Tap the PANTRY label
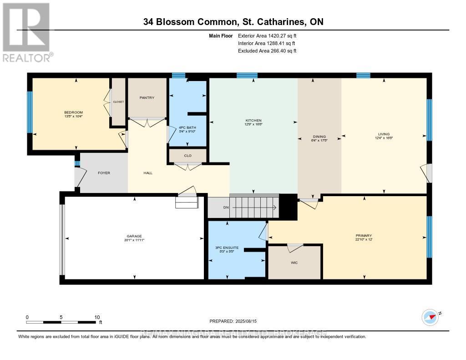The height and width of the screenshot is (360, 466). point(147,97)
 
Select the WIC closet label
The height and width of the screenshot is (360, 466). point(294,263)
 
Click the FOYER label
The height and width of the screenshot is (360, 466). point(104,173)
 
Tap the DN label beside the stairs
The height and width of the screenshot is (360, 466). point(225,208)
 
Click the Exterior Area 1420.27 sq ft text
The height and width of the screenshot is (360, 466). point(267,35)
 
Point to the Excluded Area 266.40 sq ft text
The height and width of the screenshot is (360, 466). point(267,51)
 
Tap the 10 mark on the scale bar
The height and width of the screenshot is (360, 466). point(96,317)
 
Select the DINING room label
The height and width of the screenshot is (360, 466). point(319,138)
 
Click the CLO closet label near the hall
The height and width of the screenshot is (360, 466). point(187,156)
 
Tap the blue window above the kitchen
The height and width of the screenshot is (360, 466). point(247,75)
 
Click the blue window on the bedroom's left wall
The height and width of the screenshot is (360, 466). point(30,112)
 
